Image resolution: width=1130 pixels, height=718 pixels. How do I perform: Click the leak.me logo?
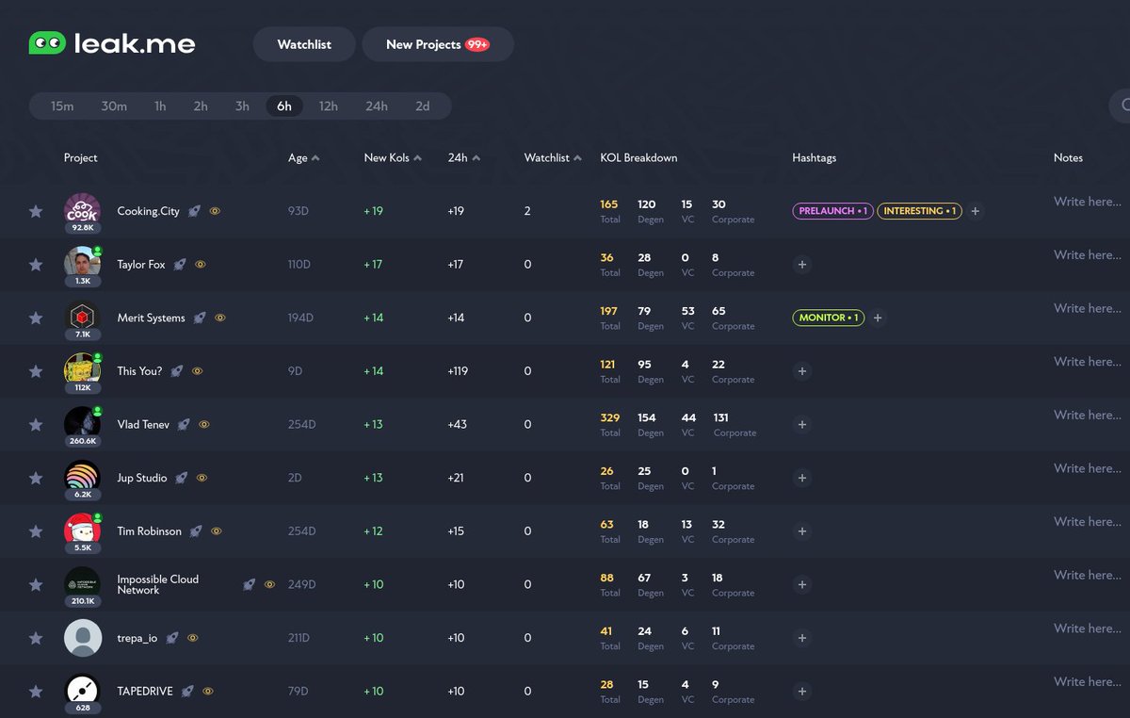[112, 44]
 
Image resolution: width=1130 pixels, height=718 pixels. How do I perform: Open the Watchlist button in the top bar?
[304, 44]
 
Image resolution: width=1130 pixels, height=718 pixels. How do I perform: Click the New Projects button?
[437, 44]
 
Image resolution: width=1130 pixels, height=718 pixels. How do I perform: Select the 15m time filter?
[62, 106]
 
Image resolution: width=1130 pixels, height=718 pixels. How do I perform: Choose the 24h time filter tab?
[377, 106]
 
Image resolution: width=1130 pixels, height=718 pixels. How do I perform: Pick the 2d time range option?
[423, 106]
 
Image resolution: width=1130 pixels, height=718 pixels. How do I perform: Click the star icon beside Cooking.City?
[36, 211]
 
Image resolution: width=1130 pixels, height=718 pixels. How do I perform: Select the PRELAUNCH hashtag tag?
[832, 211]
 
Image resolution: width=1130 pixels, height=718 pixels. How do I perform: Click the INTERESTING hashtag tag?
[919, 211]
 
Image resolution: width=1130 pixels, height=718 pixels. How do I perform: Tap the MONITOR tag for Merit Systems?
[829, 318]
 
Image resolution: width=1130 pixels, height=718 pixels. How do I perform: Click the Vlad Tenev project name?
[143, 425]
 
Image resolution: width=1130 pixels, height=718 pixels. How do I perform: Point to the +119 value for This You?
[460, 371]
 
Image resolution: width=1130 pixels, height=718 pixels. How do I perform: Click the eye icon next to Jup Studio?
[202, 479]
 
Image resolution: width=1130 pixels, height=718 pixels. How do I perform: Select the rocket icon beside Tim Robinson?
[196, 531]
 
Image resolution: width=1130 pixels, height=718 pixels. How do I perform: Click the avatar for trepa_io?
[83, 638]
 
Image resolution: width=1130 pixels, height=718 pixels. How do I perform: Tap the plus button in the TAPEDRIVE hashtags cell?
[802, 692]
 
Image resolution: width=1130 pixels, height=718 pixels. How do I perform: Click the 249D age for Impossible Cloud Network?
[301, 585]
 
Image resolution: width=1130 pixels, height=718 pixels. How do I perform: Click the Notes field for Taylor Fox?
[1087, 255]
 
